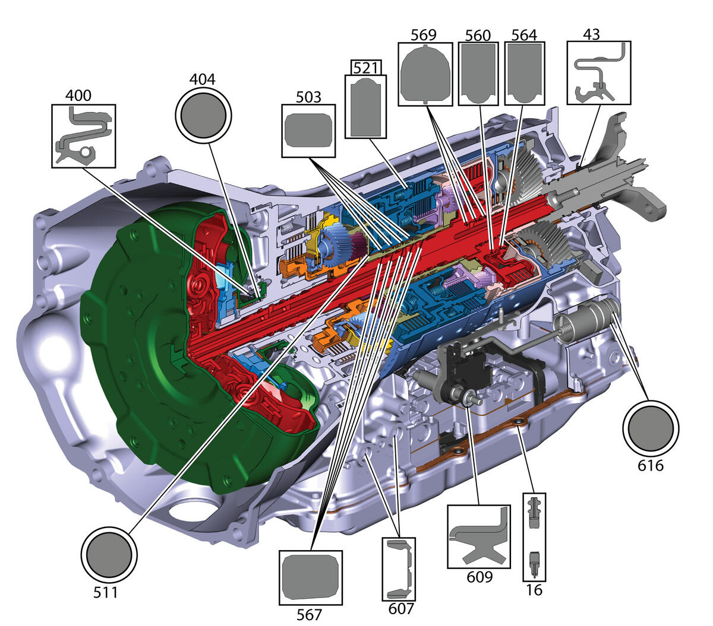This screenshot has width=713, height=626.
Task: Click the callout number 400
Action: tap(78, 96)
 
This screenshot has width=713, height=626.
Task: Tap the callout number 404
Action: tap(202, 80)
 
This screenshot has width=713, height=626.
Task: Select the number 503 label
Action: tap(308, 97)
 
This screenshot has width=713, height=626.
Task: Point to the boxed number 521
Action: tap(365, 68)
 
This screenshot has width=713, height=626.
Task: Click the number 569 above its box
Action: tap(424, 35)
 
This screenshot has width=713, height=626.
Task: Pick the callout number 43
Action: tap(591, 34)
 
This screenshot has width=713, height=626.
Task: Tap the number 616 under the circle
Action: tap(651, 466)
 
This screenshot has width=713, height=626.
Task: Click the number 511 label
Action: tap(105, 593)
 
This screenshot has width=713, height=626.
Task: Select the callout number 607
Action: tap(401, 608)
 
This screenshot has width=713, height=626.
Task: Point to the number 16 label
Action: tap(534, 590)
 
